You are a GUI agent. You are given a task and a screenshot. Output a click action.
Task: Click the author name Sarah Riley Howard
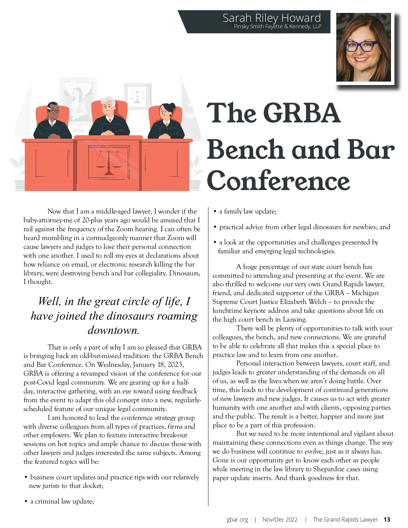click(x=272, y=18)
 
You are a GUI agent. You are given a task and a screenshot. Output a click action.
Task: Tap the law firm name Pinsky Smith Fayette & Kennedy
click(x=277, y=27)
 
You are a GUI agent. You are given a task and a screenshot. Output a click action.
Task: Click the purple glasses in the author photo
click(x=361, y=46)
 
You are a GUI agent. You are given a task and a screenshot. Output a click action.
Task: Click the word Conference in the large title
click(x=278, y=181)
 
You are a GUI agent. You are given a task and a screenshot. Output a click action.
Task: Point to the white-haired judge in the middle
click(x=109, y=117)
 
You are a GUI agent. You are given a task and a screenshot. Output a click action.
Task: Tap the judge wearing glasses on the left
click(x=52, y=121)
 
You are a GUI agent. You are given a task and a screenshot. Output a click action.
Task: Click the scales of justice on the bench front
click(x=109, y=163)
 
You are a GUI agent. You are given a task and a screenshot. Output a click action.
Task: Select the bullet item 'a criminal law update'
click(x=62, y=501)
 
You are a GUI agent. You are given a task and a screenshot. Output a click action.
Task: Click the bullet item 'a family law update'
click(x=248, y=211)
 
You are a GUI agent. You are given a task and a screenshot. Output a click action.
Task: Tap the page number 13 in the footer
click(x=387, y=520)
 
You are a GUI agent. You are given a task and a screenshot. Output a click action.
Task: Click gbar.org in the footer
click(x=237, y=520)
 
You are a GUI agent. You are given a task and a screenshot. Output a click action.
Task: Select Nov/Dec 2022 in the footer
click(x=280, y=520)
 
